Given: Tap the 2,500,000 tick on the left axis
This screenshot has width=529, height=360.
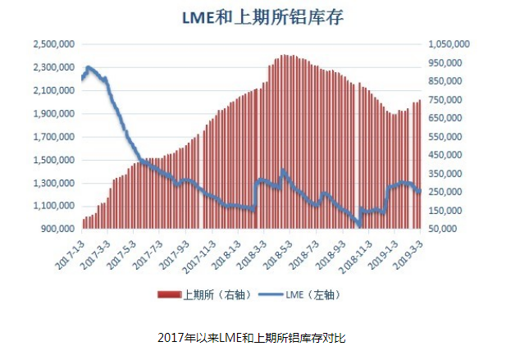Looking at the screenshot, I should (54, 44).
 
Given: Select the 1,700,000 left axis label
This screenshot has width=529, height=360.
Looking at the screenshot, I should (54, 137).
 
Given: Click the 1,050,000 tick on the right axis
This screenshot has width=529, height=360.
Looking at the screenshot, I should (449, 44).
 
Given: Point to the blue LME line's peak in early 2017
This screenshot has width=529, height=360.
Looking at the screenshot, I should (89, 67).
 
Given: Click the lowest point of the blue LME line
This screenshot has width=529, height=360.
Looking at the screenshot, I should (359, 225).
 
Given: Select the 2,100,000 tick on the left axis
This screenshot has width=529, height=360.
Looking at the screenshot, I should (54, 91).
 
